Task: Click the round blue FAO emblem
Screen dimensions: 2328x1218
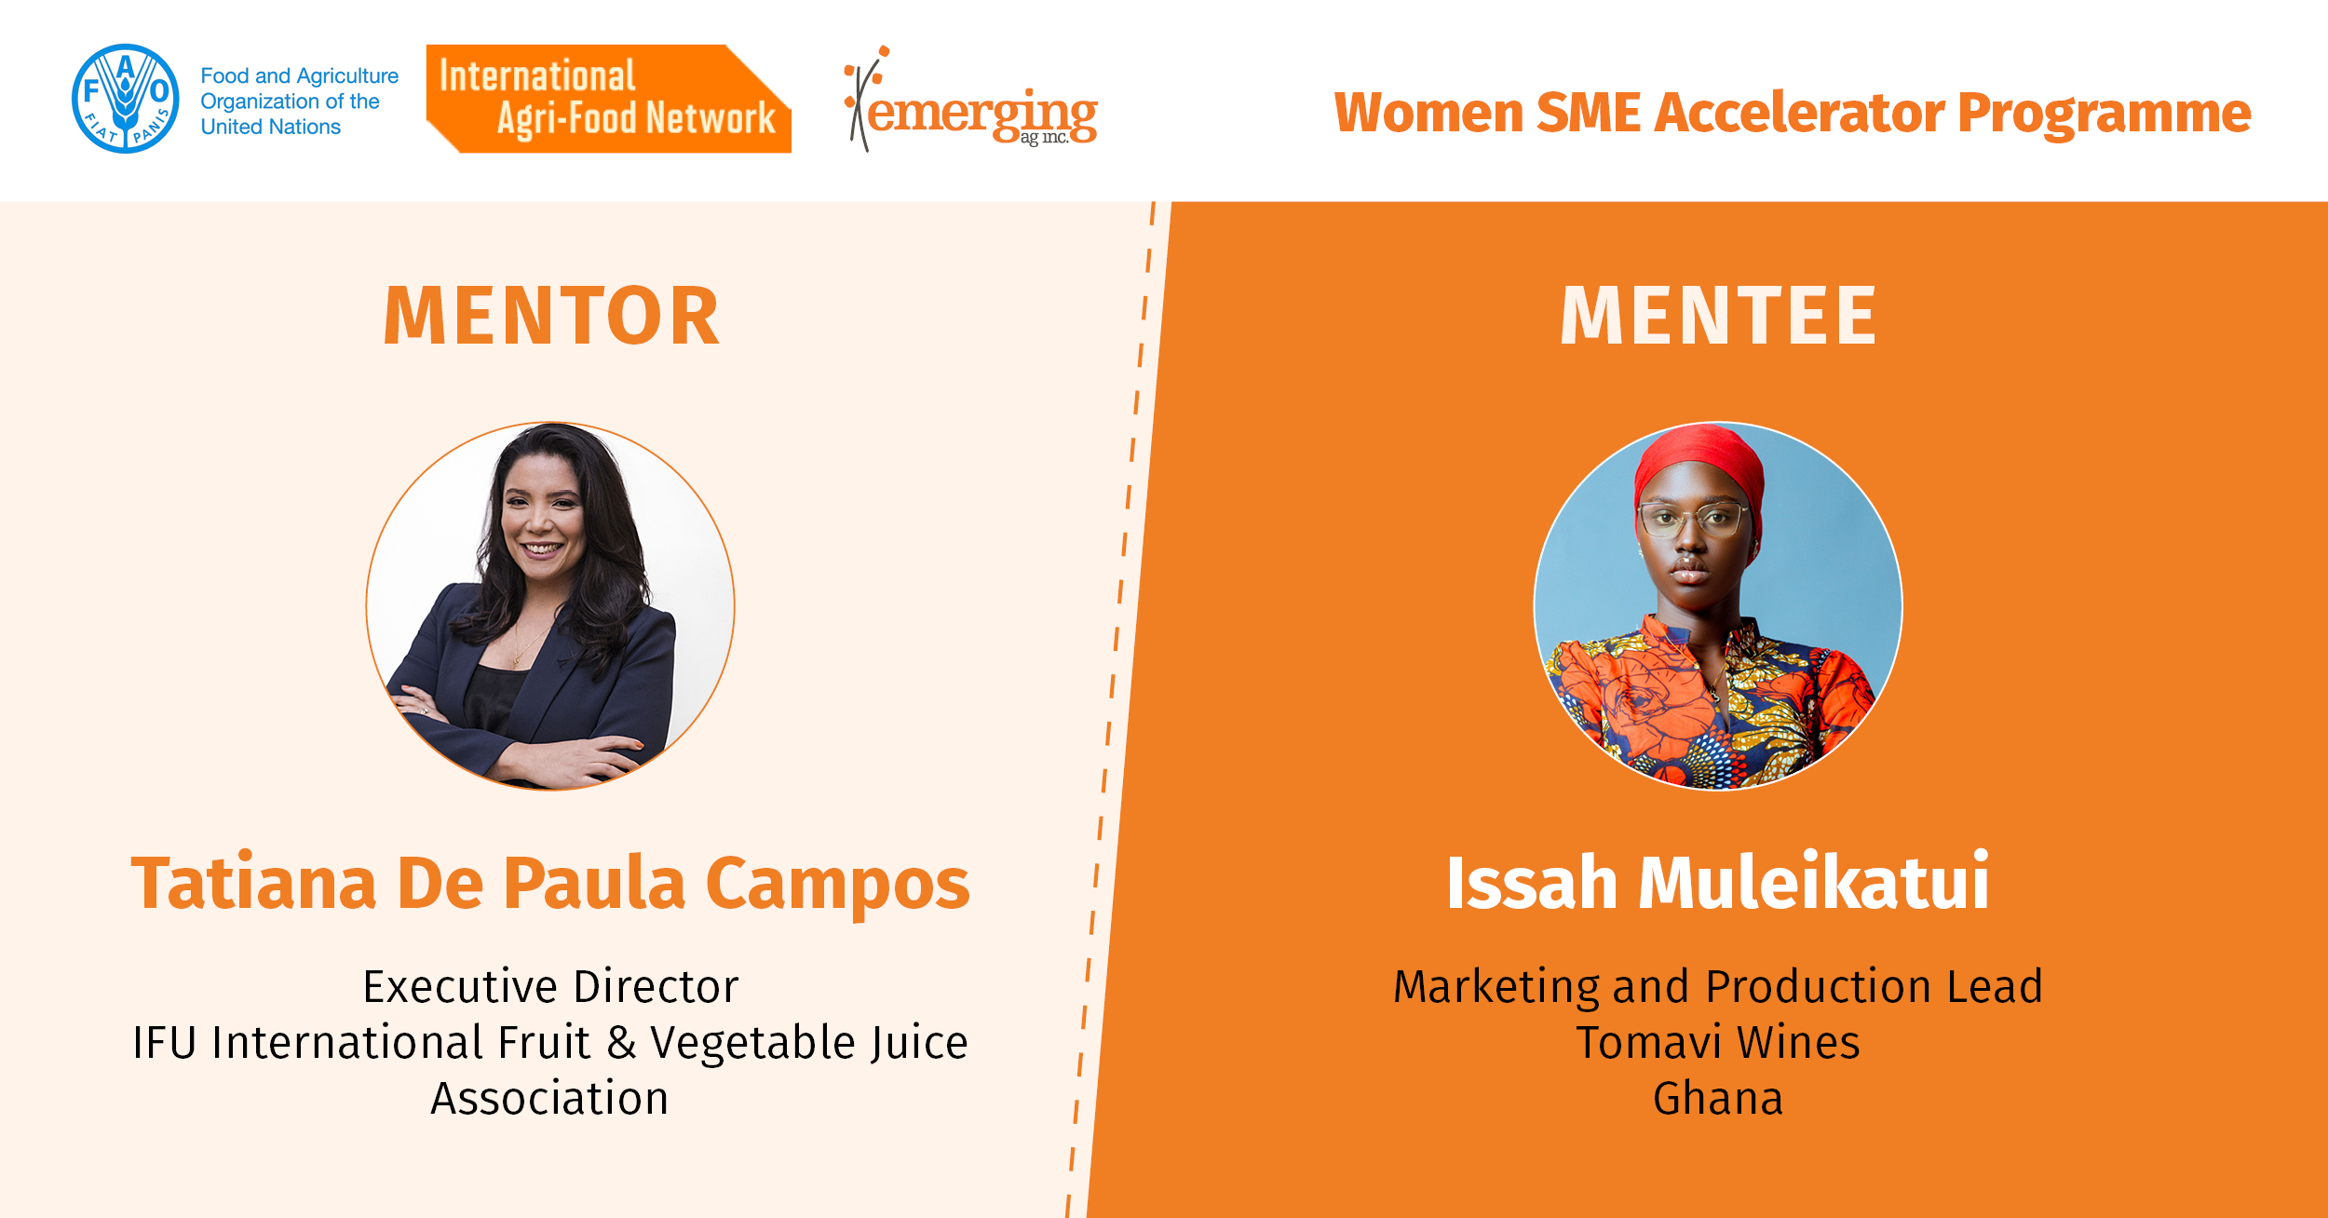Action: (126, 99)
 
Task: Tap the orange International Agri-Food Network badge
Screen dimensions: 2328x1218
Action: (609, 99)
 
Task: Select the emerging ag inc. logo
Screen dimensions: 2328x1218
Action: (970, 99)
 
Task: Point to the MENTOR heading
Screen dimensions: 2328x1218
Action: (551, 316)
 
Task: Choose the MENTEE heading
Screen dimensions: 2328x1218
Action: (1718, 316)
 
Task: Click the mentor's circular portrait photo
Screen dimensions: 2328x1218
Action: (550, 606)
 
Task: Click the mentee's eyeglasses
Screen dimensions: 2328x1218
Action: (1693, 520)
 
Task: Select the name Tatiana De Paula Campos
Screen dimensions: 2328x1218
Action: (550, 883)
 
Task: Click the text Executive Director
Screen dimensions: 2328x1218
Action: (550, 987)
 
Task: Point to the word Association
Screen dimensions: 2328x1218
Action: (549, 1099)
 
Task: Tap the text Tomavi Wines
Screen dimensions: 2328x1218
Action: (1718, 1043)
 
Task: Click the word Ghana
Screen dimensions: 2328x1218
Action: (1718, 1099)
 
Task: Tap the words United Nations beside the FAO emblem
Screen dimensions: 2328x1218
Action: (271, 127)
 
